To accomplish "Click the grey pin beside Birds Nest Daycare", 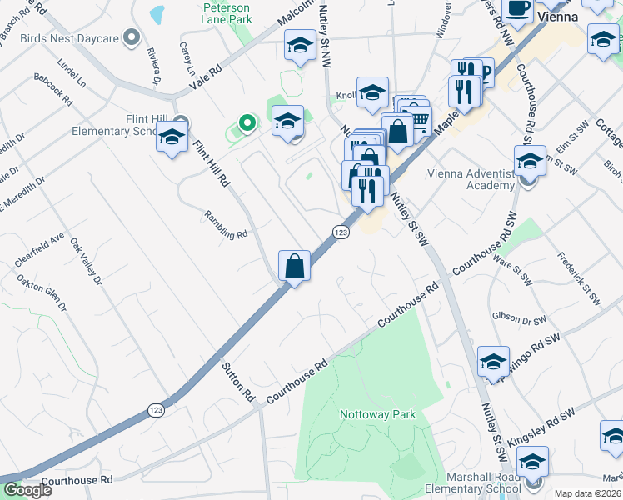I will (131, 37).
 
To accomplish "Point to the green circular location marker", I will (246, 124).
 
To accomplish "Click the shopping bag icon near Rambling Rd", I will (294, 267).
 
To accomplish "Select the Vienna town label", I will (558, 16).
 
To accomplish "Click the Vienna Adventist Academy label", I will (471, 179).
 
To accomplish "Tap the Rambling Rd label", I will (227, 226).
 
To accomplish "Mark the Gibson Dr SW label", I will (519, 318).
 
